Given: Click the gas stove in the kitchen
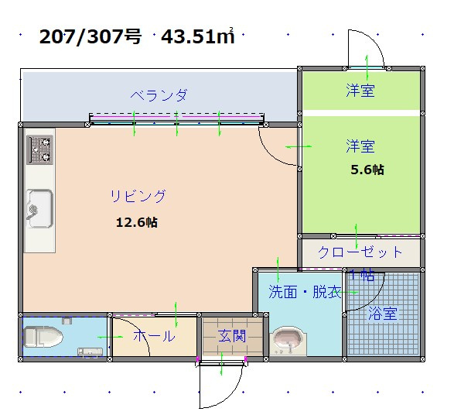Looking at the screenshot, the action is click(40, 150).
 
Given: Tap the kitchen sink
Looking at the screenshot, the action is click(39, 208).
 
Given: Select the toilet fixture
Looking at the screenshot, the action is click(43, 337).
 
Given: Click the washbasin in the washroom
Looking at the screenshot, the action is click(288, 341).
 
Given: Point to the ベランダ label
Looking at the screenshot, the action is click(159, 95).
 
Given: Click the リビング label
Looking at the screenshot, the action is click(138, 196).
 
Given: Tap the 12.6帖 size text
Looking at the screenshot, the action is click(137, 222).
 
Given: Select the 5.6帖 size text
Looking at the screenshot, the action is click(367, 170).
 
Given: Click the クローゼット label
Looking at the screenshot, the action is click(360, 252).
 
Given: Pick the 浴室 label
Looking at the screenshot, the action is click(382, 314).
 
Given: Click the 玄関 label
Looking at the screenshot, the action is click(232, 336).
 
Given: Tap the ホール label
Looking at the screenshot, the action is click(154, 336).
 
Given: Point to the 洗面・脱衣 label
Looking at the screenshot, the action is click(305, 292).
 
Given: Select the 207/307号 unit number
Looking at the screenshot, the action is click(90, 36).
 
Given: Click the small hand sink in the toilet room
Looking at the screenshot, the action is click(90, 352).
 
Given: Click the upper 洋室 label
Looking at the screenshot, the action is click(360, 91).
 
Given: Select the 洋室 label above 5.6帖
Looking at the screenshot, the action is click(360, 146).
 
